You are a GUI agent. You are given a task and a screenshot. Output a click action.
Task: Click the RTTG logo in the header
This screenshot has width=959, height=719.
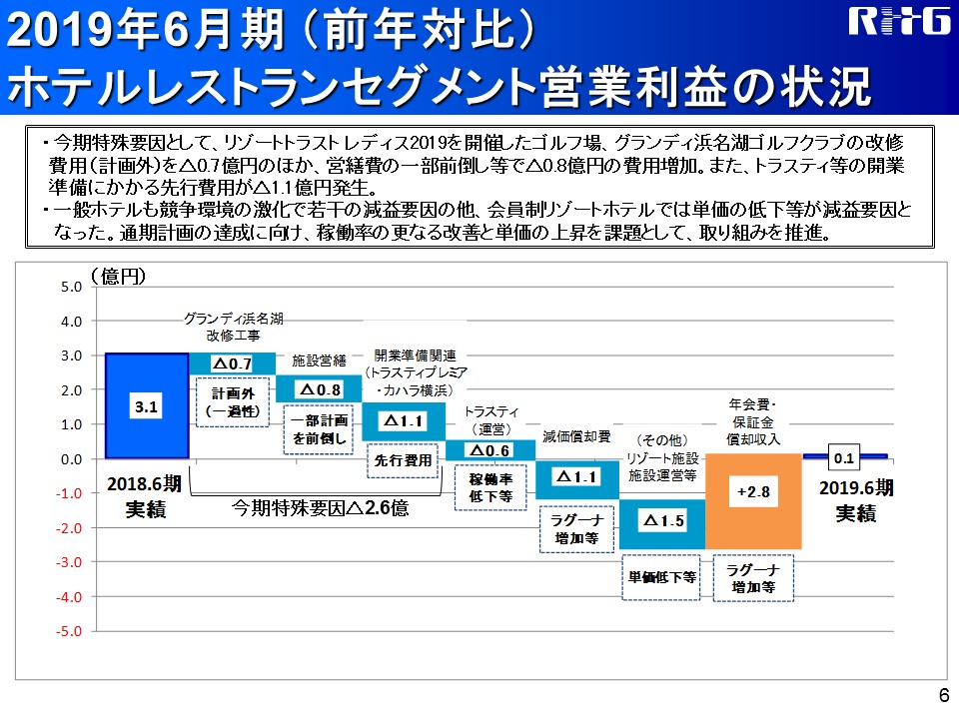899,21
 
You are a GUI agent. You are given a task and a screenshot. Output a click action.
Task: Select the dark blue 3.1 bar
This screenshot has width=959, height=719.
147,405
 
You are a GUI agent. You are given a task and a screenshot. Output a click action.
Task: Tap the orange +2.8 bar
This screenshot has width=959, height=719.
753,500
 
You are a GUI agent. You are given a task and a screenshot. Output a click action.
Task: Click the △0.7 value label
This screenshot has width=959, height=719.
233,363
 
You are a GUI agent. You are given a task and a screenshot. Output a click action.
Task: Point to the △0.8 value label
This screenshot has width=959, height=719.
320,389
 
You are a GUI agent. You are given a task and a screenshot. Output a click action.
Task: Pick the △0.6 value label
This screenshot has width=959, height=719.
489,450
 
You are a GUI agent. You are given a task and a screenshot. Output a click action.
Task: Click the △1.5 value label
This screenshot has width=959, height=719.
663,520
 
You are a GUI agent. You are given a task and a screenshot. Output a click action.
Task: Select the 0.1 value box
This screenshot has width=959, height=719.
843,457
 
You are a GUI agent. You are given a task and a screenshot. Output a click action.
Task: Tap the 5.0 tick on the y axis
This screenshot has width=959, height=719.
71,287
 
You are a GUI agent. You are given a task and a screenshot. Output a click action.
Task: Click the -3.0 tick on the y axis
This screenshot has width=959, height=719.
69,562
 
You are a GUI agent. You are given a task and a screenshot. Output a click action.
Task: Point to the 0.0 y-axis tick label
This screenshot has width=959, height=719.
71,459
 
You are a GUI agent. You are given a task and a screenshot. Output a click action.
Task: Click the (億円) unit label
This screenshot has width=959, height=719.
119,277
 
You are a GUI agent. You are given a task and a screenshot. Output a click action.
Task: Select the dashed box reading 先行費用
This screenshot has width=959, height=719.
403,460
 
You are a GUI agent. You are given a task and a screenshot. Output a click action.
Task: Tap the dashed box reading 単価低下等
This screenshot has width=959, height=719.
661,577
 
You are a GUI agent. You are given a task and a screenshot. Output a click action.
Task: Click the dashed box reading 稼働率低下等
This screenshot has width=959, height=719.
490,488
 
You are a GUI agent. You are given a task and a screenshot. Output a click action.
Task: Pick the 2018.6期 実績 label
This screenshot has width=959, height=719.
145,496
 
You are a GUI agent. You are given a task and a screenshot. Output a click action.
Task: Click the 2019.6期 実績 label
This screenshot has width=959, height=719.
856,500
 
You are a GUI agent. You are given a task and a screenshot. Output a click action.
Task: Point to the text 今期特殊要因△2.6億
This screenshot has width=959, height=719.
320,507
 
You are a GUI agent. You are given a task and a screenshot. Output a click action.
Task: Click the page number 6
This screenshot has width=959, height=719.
944,695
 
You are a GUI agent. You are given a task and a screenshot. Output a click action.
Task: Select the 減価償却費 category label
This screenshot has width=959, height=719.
576,436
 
